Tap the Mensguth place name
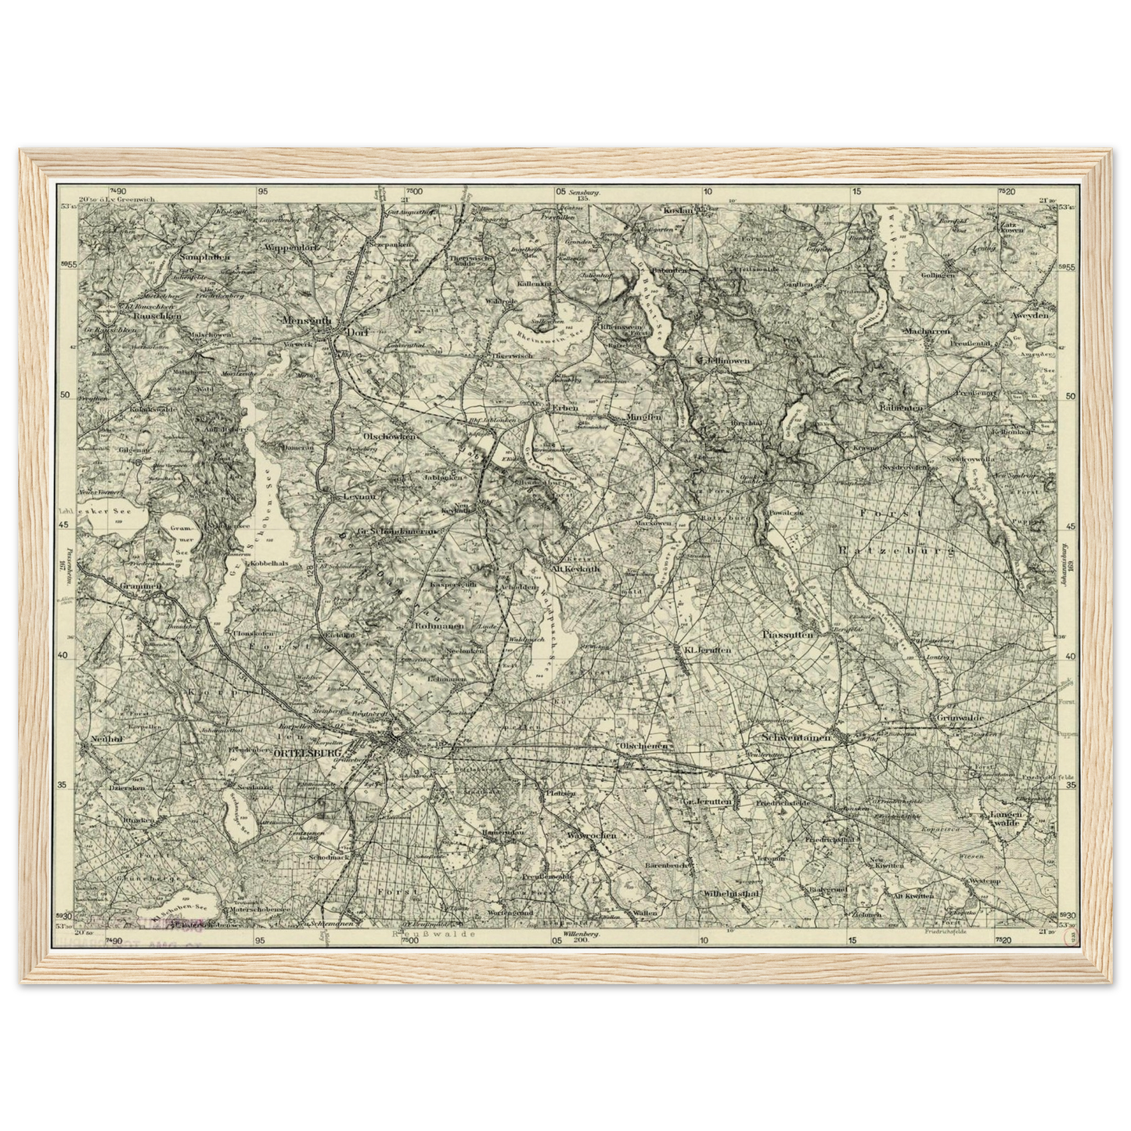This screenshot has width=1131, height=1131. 307,320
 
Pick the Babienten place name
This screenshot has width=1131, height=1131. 901,408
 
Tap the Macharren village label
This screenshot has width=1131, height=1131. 926,331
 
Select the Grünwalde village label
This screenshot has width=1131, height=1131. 960,716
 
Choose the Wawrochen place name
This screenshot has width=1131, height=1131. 591,835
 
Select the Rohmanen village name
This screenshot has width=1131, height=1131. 442,626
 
